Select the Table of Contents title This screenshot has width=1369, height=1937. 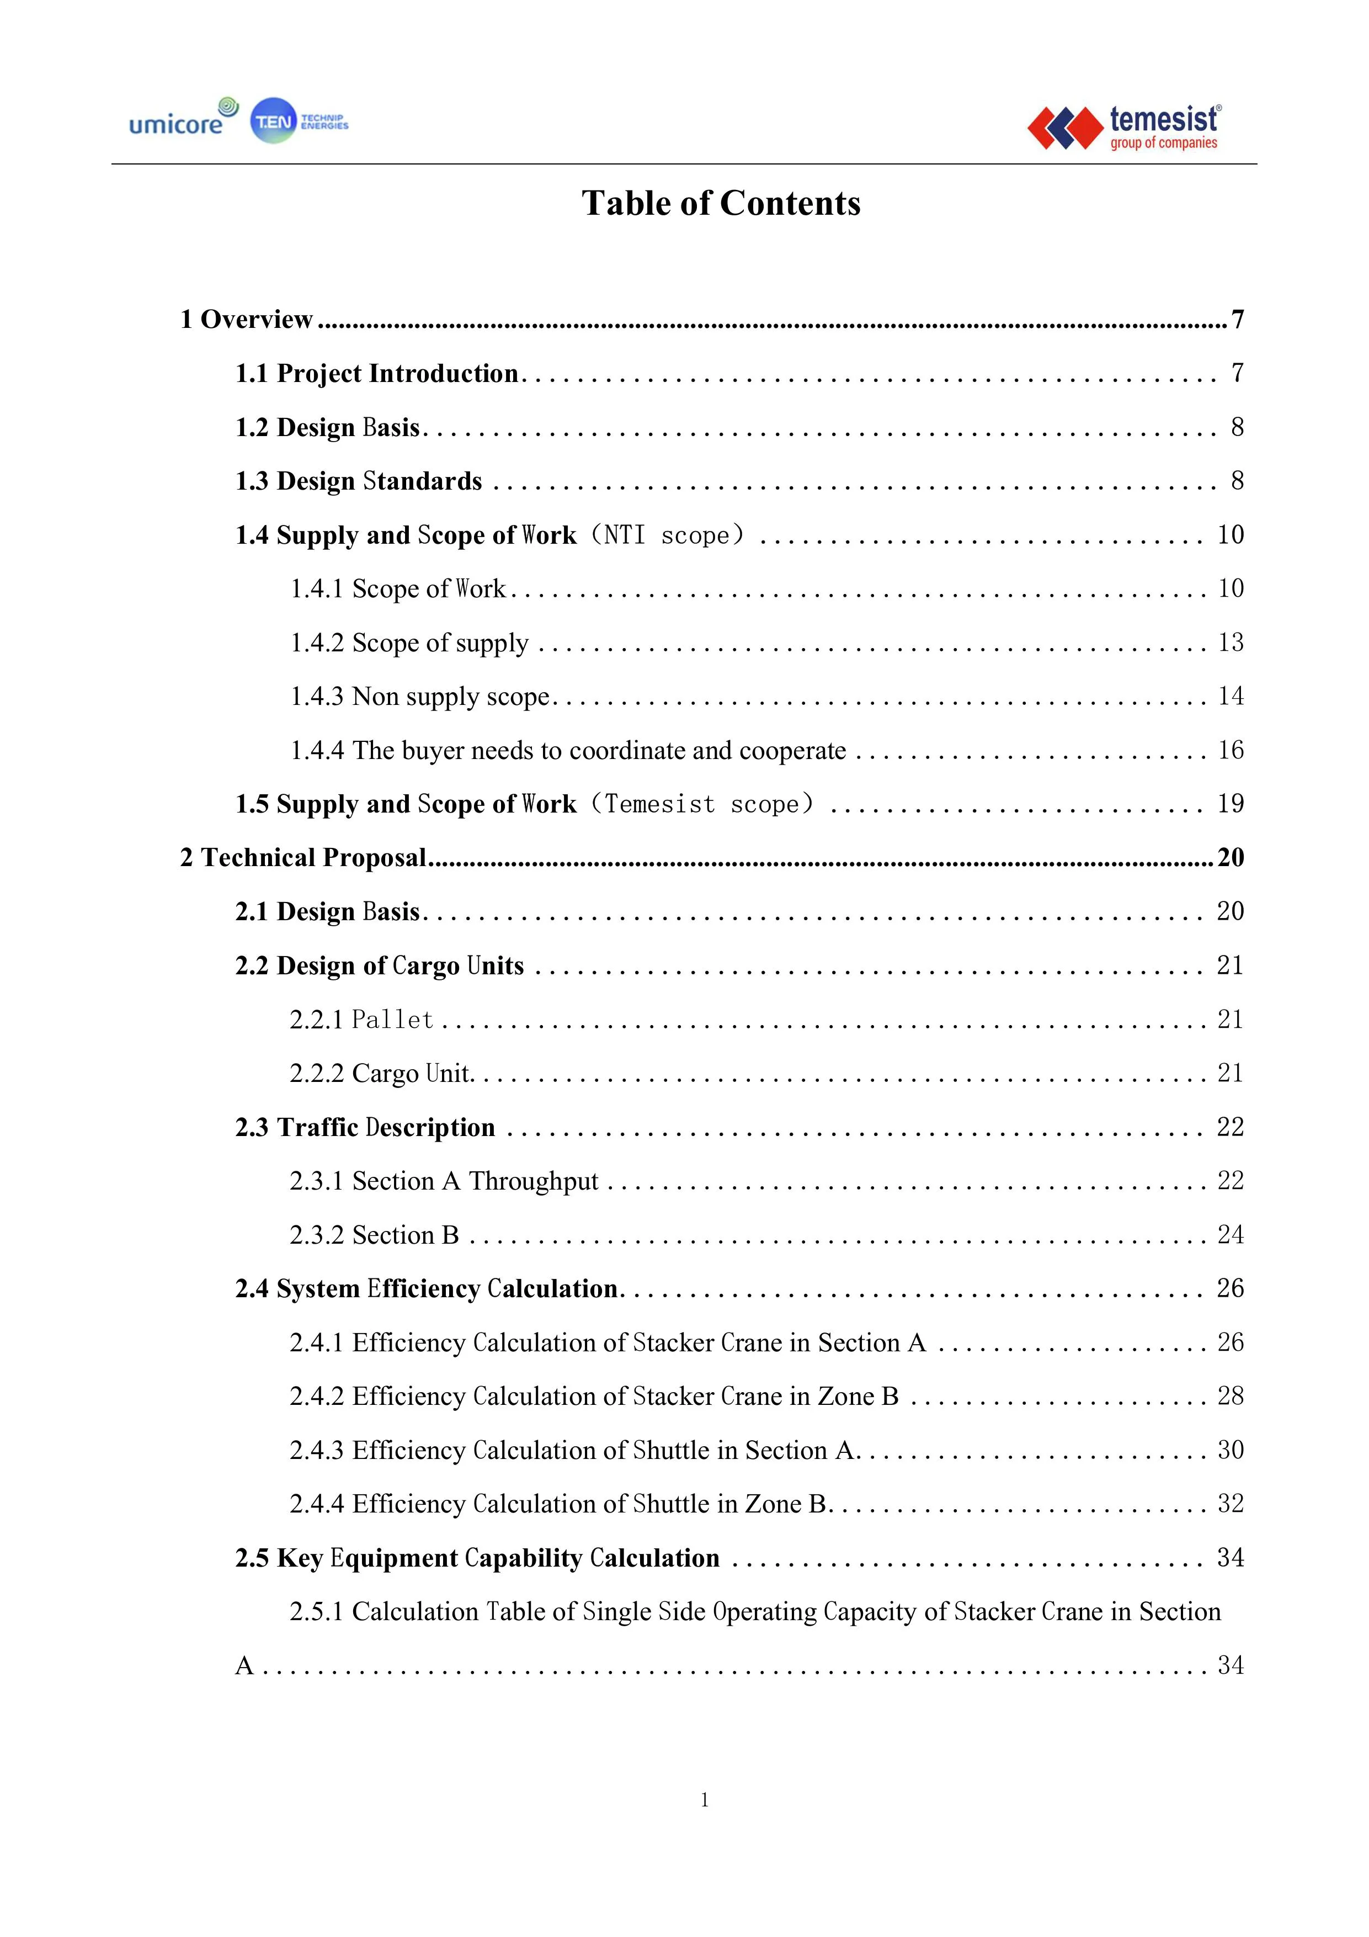(721, 203)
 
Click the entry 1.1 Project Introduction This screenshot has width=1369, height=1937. (376, 373)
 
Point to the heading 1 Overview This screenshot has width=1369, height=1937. (246, 319)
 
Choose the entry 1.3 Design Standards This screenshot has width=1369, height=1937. (359, 481)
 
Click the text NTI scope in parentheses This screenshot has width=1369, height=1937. (667, 535)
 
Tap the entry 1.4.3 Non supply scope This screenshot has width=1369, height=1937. (420, 696)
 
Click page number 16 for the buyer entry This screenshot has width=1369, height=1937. (1230, 750)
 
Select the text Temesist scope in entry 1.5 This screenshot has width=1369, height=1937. (702, 804)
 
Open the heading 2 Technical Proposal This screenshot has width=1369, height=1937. (303, 857)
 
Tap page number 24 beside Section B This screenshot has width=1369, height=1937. (1230, 1234)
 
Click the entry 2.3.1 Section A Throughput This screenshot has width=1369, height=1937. (444, 1181)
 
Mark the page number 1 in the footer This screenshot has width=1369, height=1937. (704, 1800)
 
